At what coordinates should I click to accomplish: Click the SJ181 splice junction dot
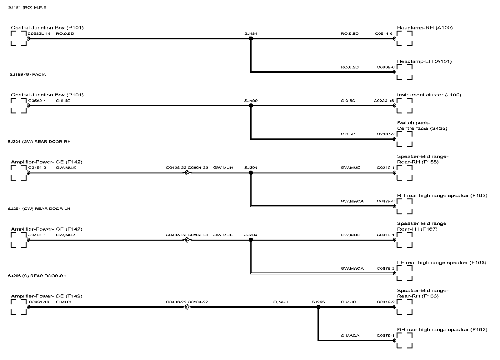coord(251,38)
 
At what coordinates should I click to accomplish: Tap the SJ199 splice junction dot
coord(251,106)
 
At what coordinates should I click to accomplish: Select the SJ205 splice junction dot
coord(318,307)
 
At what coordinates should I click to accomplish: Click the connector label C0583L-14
coord(39,34)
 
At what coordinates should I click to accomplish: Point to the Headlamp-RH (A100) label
coord(425,28)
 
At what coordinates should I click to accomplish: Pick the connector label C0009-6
coord(385,67)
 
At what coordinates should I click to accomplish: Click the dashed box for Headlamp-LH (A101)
coord(404,72)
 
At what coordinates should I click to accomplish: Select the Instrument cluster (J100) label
coord(429,95)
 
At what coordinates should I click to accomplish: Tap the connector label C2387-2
coord(385,134)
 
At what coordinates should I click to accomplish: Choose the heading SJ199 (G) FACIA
coord(28,75)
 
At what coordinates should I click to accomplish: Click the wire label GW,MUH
coord(223,168)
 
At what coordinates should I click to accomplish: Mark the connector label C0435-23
coord(176,235)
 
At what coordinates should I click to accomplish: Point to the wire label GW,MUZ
coord(66,235)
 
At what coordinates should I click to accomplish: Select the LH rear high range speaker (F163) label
coord(442,263)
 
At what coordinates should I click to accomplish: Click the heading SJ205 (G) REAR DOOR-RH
coord(37,276)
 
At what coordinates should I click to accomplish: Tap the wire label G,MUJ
coord(280,302)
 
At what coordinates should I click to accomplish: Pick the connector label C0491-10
coord(39,302)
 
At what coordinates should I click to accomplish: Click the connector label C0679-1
coord(385,336)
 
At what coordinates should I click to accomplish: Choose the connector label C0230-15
coord(384,101)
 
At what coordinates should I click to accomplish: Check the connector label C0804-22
coord(198,302)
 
